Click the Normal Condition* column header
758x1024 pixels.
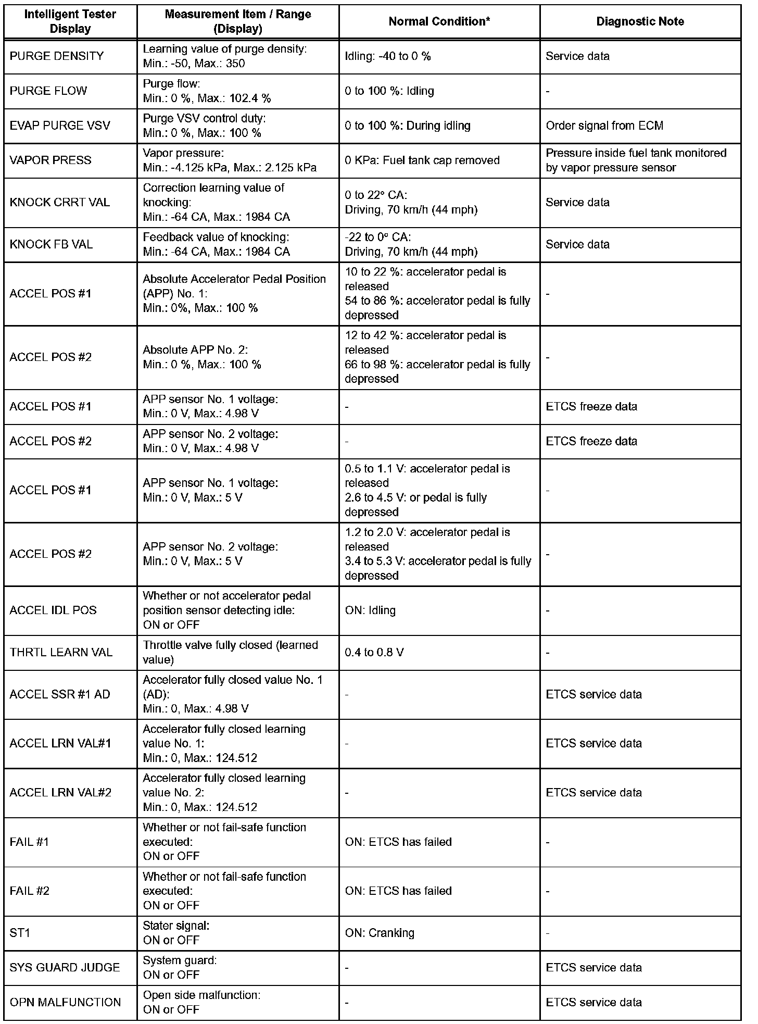[x=439, y=21]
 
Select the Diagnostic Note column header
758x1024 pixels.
[x=640, y=21]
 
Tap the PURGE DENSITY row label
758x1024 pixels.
[x=57, y=56]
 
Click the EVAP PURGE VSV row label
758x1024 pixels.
[x=60, y=126]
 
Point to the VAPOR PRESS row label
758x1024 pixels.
[x=50, y=160]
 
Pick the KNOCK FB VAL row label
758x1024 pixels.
[x=51, y=244]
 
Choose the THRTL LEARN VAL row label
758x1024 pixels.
[x=61, y=652]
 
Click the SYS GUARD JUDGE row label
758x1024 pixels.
[x=65, y=967]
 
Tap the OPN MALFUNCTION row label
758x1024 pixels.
[x=65, y=1002]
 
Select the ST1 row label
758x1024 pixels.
[x=20, y=933]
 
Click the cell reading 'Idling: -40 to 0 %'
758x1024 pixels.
[x=388, y=56]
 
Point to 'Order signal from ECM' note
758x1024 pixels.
[x=604, y=126]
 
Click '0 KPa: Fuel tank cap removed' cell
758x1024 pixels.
[x=422, y=160]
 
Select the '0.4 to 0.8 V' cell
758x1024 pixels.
[x=374, y=652]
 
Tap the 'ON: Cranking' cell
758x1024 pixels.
[x=380, y=933]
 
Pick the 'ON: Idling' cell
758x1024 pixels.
[x=370, y=610]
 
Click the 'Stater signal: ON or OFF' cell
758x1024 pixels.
[x=176, y=933]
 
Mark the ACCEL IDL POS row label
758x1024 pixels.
[x=53, y=610]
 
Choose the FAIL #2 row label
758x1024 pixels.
[x=29, y=891]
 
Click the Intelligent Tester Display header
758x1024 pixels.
[x=70, y=21]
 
